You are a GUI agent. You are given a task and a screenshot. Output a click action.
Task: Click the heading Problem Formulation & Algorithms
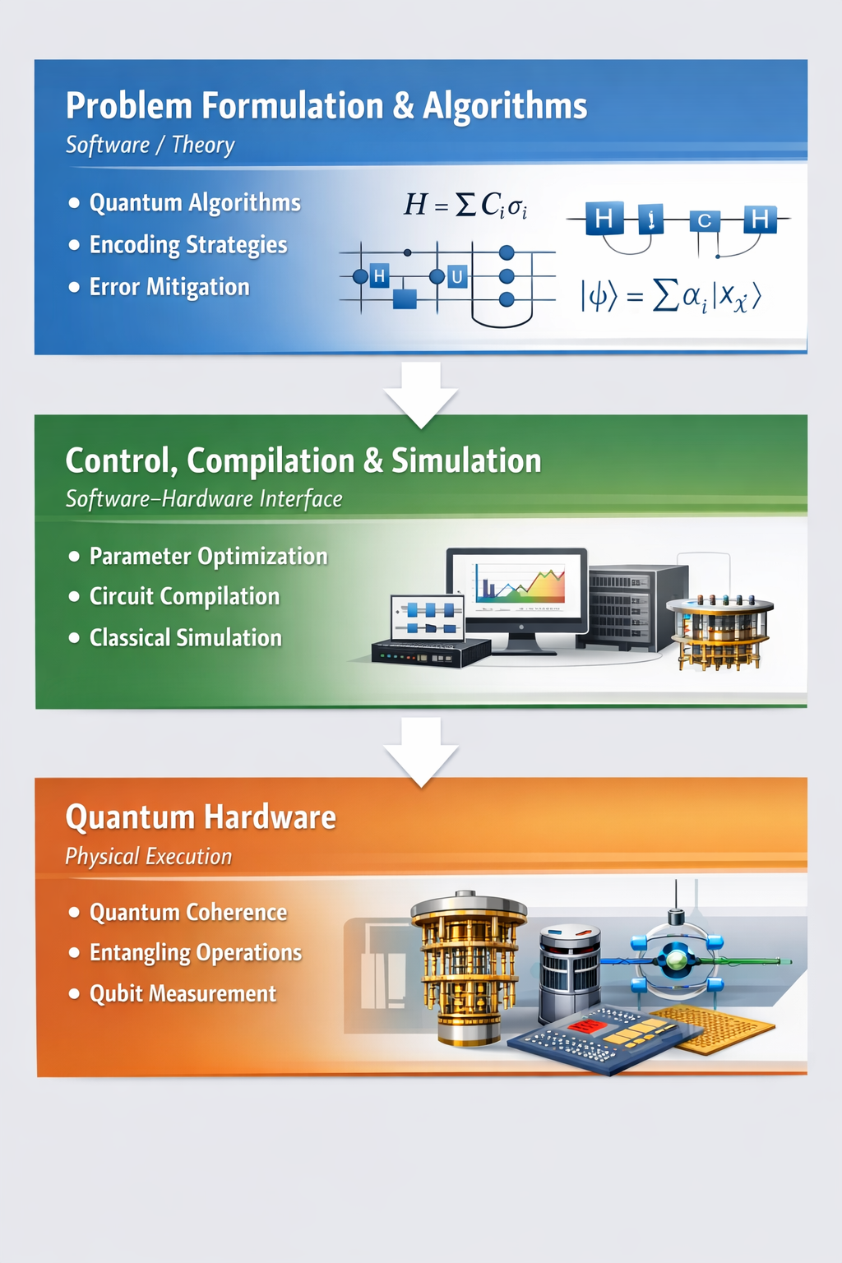coord(326,106)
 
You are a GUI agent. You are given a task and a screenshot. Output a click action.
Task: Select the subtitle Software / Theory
coord(150,145)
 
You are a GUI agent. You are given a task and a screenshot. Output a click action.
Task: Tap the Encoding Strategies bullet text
coord(188,245)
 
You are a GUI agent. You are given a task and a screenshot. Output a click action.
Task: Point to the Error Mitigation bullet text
coord(169,287)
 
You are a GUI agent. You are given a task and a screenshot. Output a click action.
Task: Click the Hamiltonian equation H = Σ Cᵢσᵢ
coord(466,205)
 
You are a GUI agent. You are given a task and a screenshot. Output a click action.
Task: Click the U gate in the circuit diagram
coord(457,277)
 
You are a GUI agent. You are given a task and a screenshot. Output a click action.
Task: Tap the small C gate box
coord(705,220)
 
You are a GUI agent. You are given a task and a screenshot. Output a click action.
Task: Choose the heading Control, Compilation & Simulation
coord(303,461)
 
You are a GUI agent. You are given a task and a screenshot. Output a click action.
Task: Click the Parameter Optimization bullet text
coord(209,557)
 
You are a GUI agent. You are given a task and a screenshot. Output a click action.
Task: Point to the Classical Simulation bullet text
coord(186,638)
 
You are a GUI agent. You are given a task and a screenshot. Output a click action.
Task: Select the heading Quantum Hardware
coord(201,817)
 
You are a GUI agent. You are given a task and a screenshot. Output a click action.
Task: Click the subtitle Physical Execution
coord(148,857)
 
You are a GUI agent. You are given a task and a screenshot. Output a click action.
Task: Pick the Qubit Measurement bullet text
coord(183,994)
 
